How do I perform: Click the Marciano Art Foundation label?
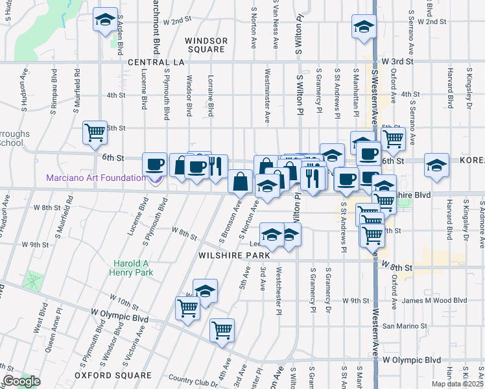96,178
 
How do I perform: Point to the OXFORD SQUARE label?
113,375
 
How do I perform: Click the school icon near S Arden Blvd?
104,19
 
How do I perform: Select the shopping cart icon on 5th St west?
95,132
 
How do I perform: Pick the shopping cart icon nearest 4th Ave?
222,330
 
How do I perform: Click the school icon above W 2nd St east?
364,27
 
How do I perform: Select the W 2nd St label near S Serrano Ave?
432,21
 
